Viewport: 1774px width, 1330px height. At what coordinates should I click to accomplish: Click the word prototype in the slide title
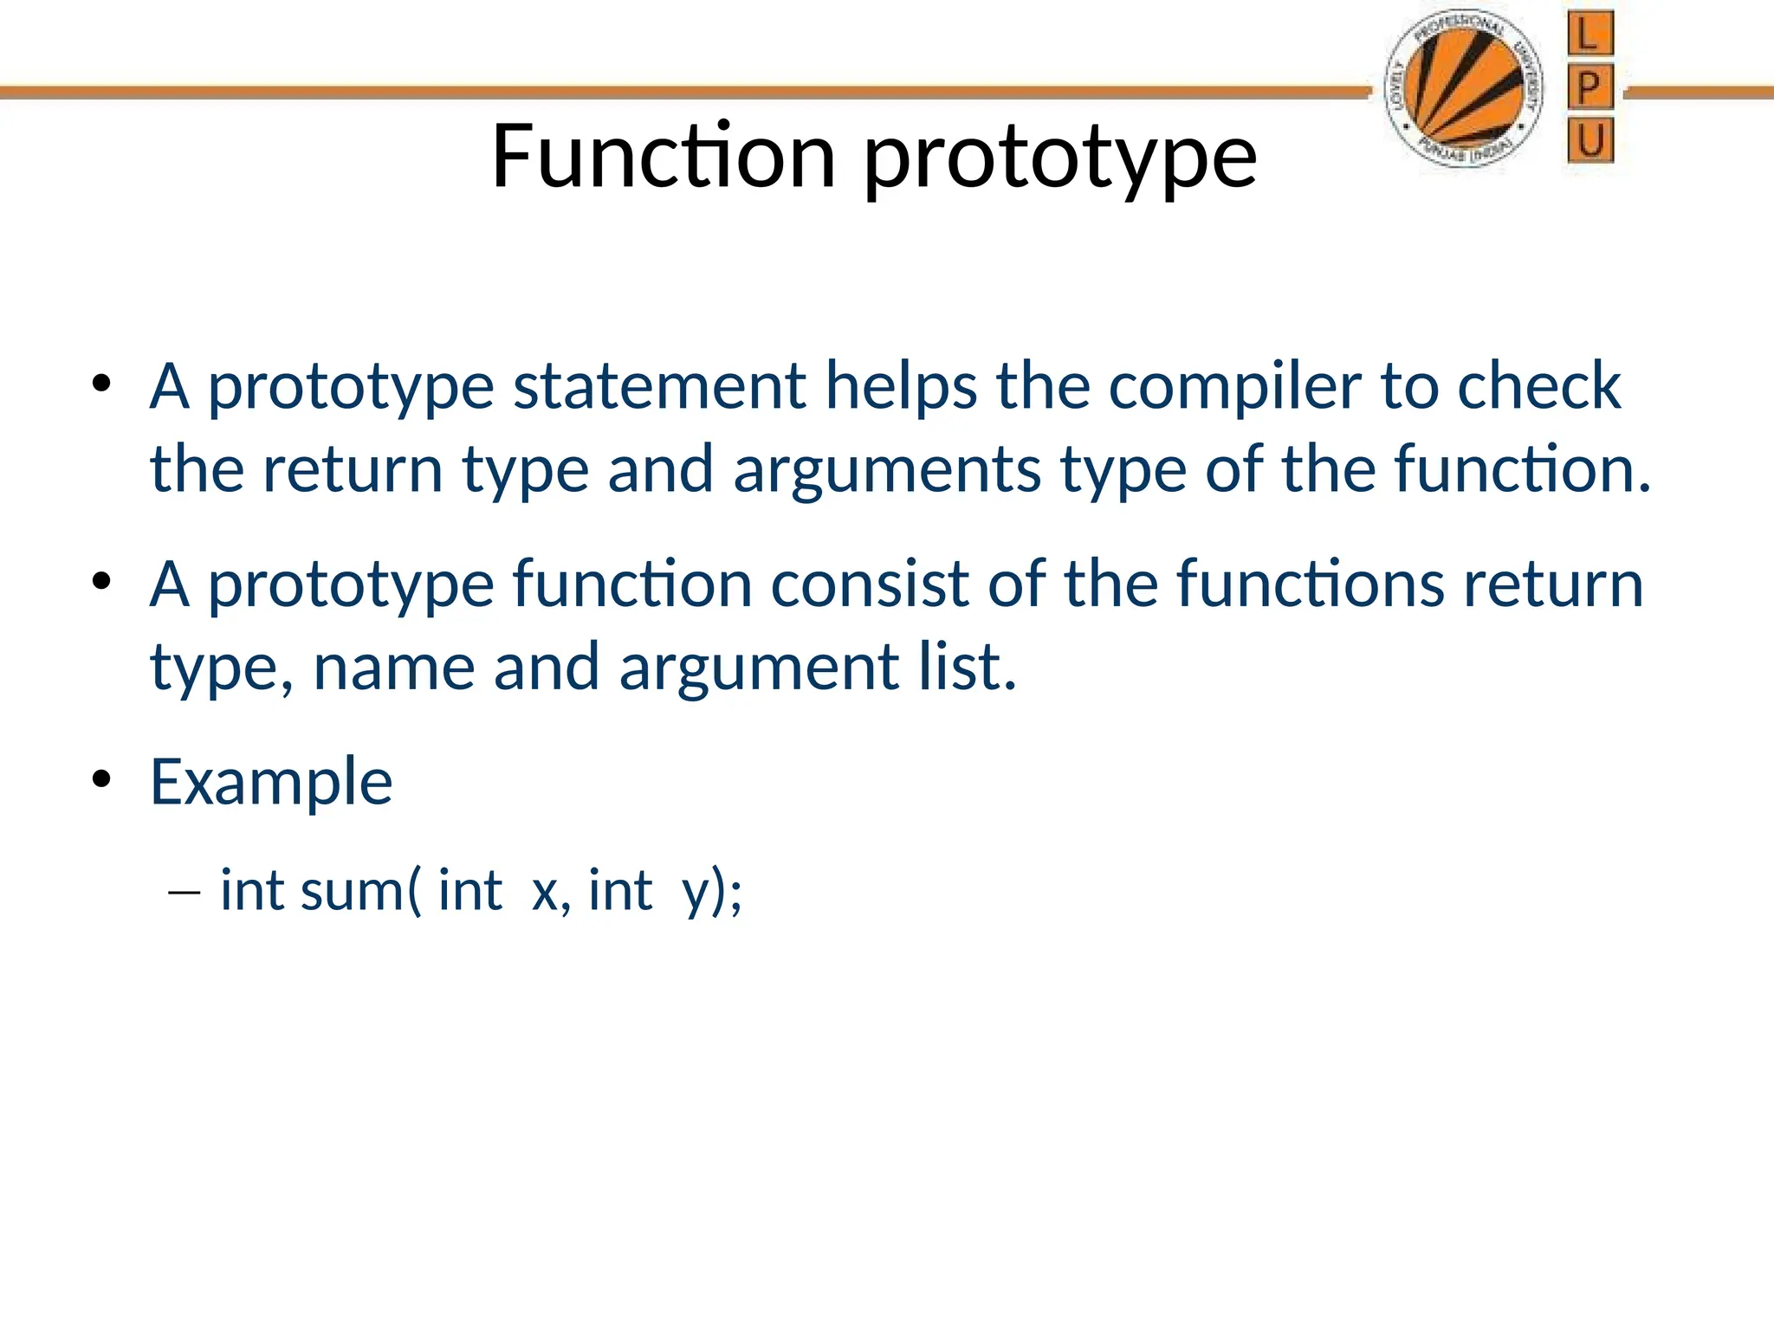pyautogui.click(x=1060, y=160)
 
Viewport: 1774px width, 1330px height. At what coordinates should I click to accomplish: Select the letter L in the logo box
pyautogui.click(x=1589, y=35)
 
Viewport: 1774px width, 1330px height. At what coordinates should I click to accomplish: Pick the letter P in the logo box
pyautogui.click(x=1589, y=87)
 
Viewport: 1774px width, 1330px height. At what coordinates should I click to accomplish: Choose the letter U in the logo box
pyautogui.click(x=1590, y=140)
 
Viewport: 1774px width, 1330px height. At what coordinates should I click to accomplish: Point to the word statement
pyautogui.click(x=659, y=385)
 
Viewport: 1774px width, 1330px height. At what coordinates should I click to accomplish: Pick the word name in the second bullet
pyautogui.click(x=393, y=668)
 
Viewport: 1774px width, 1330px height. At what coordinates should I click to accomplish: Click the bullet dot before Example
pyautogui.click(x=102, y=779)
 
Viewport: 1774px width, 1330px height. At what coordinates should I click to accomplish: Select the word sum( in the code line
pyautogui.click(x=360, y=891)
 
